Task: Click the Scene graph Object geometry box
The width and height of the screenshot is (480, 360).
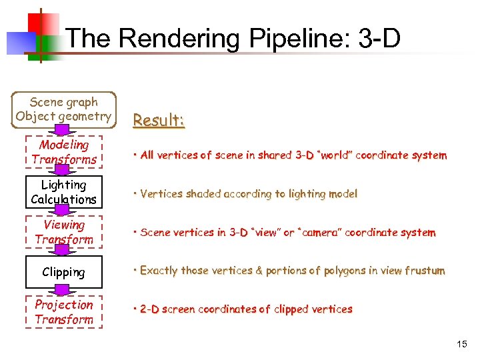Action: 64,109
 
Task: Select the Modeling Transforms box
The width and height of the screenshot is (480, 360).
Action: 64,152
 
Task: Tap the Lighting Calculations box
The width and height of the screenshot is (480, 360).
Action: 64,192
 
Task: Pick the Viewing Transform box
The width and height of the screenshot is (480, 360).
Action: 64,232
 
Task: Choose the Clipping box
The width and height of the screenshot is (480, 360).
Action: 64,272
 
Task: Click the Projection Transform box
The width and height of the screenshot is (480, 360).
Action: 64,312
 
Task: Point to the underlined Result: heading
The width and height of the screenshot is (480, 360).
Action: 158,121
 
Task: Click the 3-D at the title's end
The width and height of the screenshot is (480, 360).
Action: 379,39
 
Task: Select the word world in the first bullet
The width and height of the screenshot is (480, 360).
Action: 335,155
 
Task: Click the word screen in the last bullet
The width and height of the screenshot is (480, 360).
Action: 179,309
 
